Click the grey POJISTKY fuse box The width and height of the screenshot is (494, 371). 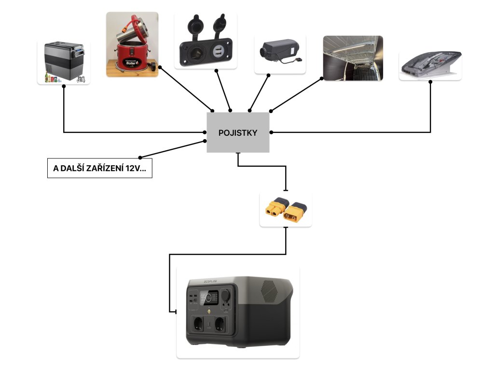coord(238,132)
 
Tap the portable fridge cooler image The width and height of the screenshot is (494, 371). coord(63,62)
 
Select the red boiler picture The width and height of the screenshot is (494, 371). coord(132,44)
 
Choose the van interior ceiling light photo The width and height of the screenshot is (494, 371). coord(353,58)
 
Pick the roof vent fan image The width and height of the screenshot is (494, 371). coord(430,65)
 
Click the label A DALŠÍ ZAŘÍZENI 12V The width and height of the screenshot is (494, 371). coord(99,169)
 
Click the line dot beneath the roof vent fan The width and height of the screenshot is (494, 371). coord(430,83)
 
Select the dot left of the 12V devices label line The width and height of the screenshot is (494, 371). coord(140,157)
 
